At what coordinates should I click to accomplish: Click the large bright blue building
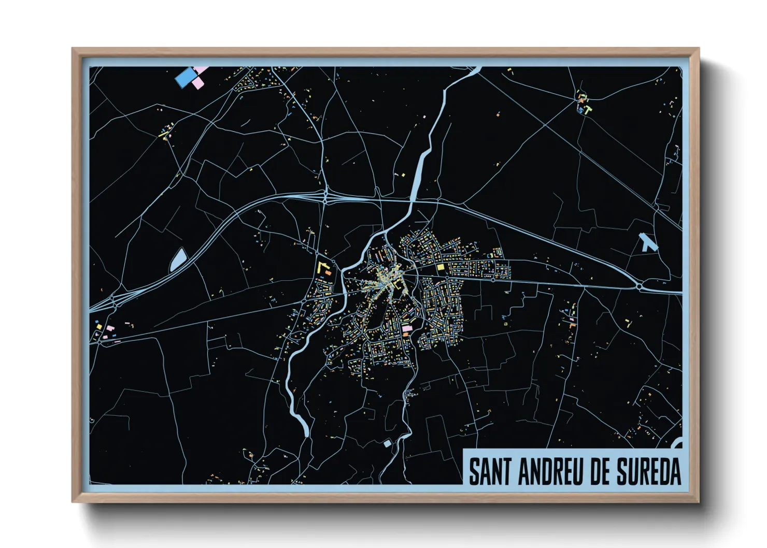[x=185, y=78]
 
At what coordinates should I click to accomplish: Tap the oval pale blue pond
[x=178, y=260]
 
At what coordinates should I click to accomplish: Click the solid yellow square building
[x=441, y=267]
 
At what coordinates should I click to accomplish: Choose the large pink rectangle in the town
[x=407, y=328]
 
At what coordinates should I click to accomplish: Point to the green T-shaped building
[x=587, y=109]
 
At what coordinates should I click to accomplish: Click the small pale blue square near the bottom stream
[x=387, y=443]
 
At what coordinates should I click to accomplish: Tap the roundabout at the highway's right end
[x=640, y=286]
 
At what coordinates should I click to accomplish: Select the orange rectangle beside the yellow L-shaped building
[x=328, y=272]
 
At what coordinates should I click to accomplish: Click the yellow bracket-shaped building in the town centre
[x=396, y=284]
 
